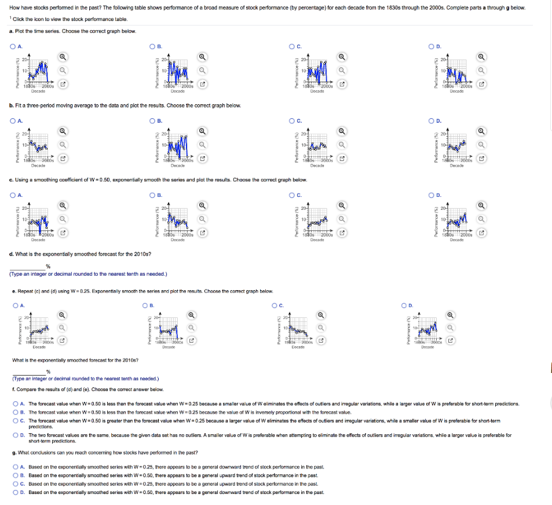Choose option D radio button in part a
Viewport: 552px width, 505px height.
click(x=432, y=47)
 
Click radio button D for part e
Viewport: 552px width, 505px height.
click(x=405, y=305)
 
